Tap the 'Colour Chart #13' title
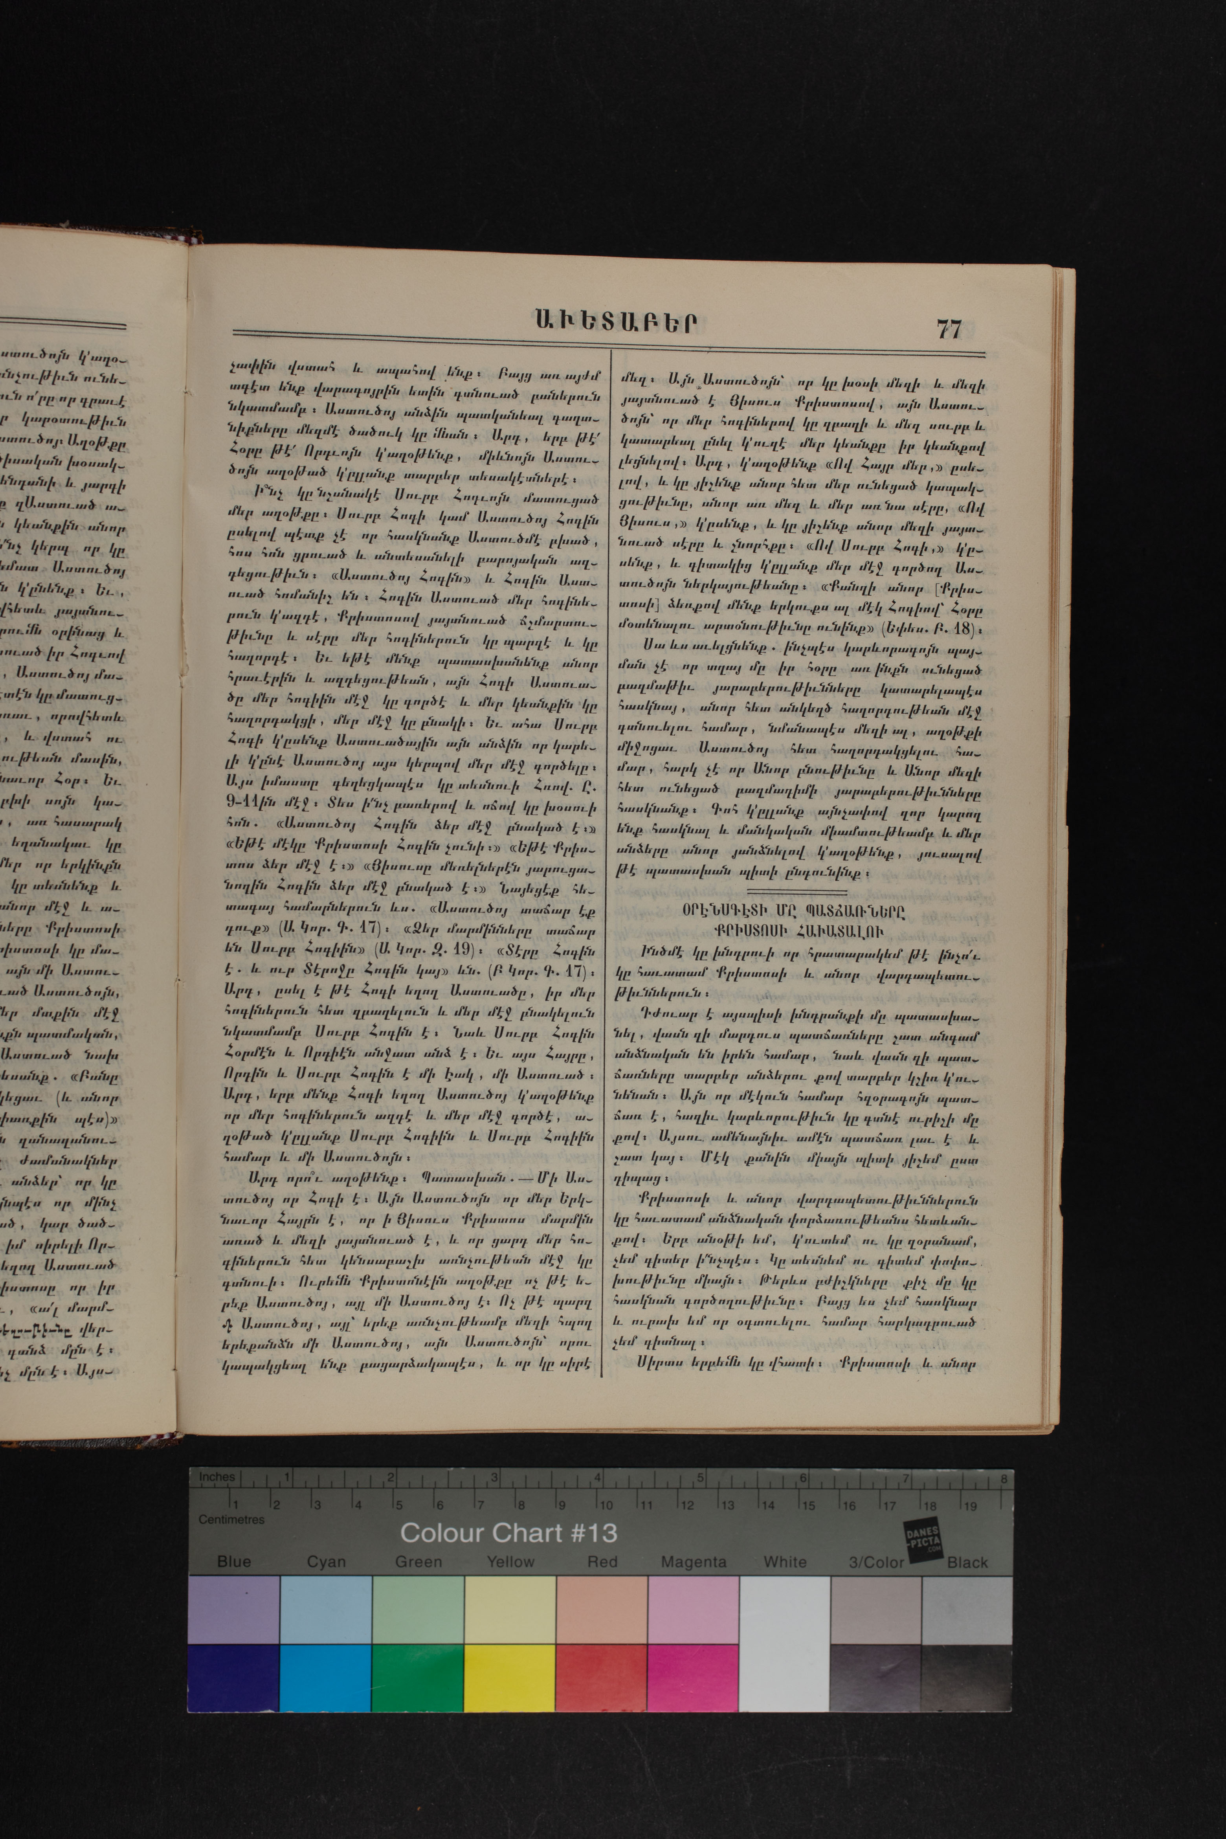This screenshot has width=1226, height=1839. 508,1532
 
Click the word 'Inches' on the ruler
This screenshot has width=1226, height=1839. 217,1477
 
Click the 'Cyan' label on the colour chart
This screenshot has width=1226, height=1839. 326,1562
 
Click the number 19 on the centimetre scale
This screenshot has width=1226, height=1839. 969,1504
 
